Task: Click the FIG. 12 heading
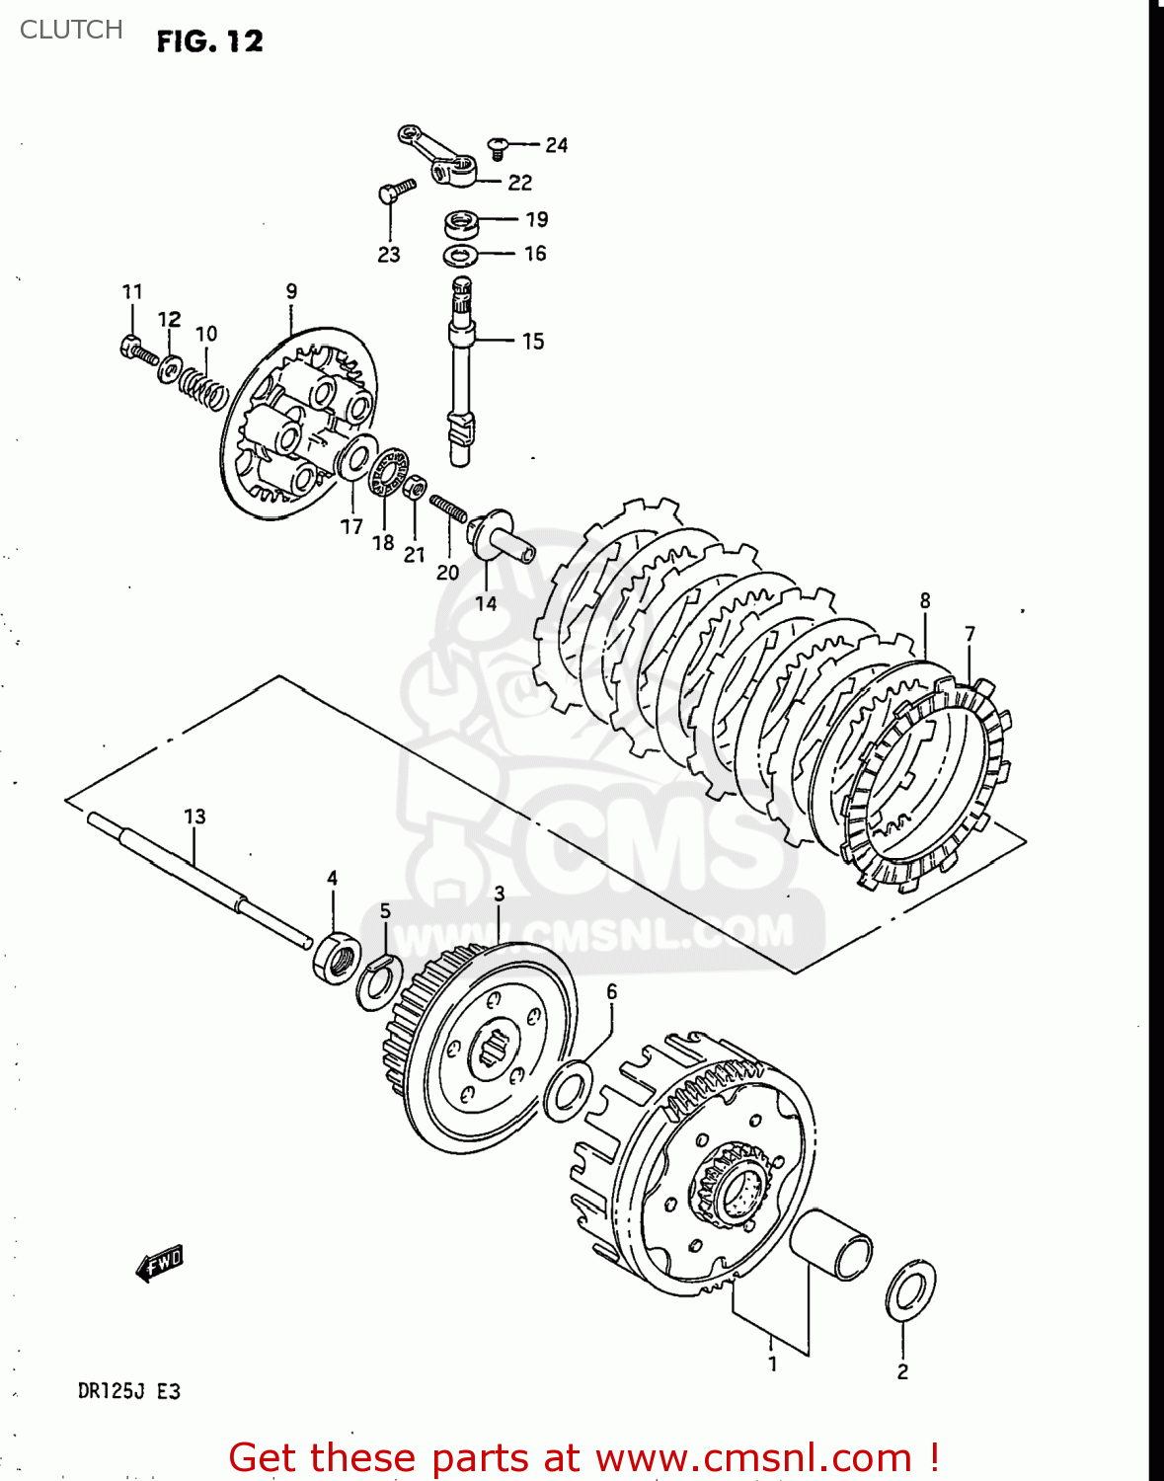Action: [209, 41]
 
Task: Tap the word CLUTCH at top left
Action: [71, 30]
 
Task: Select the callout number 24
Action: [556, 145]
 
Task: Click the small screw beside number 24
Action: [499, 147]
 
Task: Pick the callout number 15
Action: [533, 342]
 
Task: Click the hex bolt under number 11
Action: [138, 349]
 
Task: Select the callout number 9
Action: [291, 291]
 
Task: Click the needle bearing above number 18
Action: [390, 471]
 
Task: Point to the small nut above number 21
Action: [417, 486]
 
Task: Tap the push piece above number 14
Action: [501, 537]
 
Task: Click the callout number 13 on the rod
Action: [194, 817]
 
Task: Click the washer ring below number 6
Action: [569, 1090]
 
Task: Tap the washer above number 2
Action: [910, 1289]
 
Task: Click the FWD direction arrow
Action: [160, 1263]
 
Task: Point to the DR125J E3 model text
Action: [128, 1391]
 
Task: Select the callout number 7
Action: [970, 634]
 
